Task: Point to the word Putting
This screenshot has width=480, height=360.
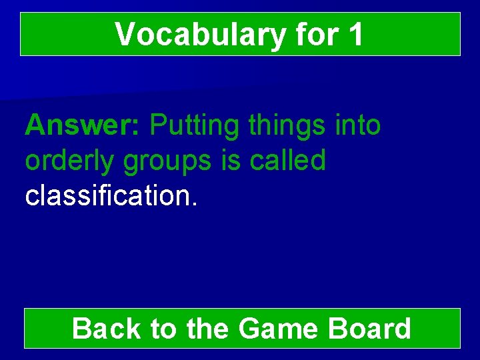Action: [193, 125]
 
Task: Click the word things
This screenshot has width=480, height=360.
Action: [287, 125]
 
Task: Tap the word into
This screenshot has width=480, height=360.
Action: [357, 125]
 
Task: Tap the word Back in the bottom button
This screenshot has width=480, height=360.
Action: [106, 329]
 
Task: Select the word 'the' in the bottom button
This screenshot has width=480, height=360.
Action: [207, 329]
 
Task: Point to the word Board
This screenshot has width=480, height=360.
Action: [370, 329]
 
